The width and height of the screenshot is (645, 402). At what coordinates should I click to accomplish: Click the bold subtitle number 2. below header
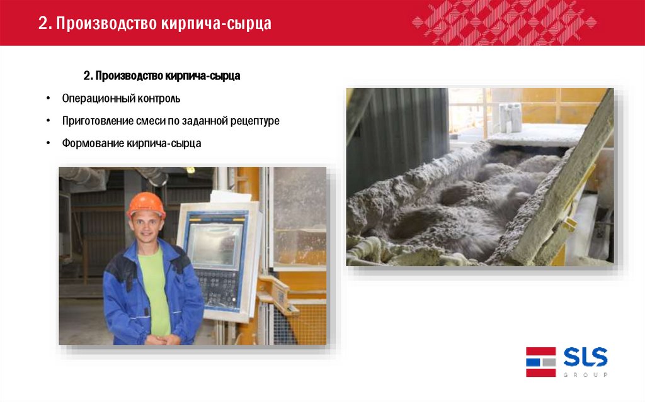88,76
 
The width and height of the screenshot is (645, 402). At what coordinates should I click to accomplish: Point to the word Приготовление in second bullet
95,121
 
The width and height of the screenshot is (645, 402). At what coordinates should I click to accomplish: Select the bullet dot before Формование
49,143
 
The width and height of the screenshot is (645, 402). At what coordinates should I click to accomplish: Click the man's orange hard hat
146,205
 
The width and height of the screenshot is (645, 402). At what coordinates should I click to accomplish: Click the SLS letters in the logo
585,359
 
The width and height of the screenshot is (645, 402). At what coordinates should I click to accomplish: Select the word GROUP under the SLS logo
585,374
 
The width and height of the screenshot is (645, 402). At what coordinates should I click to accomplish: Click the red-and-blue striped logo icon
540,362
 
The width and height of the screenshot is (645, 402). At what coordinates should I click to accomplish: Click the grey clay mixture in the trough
466,201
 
